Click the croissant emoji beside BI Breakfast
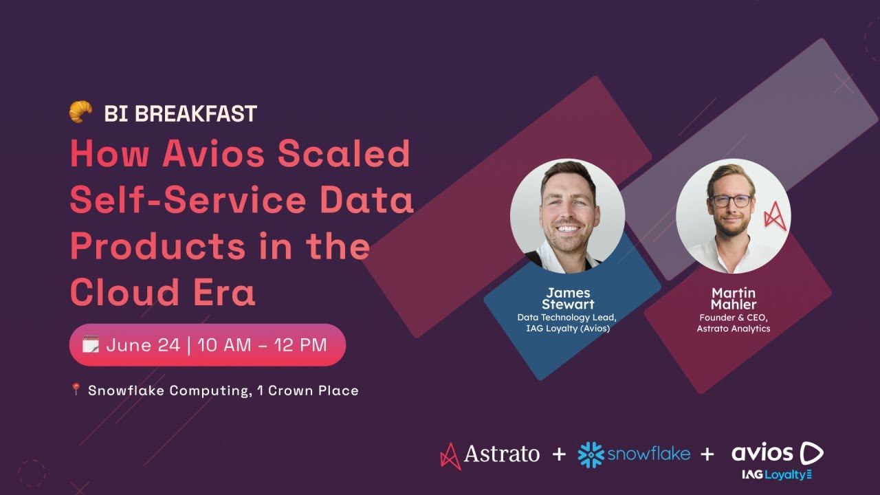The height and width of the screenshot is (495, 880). pos(80,112)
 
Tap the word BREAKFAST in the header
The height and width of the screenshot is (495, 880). pos(196,113)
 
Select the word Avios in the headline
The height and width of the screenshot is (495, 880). pos(214,153)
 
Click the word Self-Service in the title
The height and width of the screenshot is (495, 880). pos(188,199)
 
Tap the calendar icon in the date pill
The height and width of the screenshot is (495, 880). pos(90,344)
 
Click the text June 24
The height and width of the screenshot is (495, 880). pos(143,345)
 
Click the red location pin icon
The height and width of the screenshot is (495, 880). pos(76,389)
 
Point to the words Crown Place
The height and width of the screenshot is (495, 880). pos(313,390)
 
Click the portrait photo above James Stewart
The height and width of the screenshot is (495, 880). pos(567,216)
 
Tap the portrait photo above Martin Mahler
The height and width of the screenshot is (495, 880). pos(733,216)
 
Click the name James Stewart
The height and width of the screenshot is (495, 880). pos(568,298)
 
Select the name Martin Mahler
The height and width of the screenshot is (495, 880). pos(734,298)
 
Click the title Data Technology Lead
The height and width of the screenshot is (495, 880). pos(566,317)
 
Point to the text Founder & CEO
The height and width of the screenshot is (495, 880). pos(734,317)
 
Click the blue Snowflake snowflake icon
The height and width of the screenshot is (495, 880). pos(591,454)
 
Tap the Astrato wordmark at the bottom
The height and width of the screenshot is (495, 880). pos(501,454)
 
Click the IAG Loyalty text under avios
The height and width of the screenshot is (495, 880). pos(776,474)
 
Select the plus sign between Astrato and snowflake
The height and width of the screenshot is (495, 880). pos(559,454)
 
